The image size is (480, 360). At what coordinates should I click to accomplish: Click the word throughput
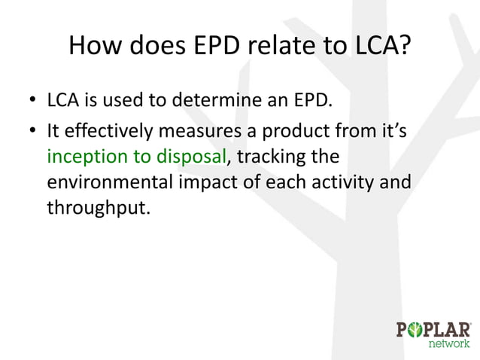(x=94, y=210)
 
